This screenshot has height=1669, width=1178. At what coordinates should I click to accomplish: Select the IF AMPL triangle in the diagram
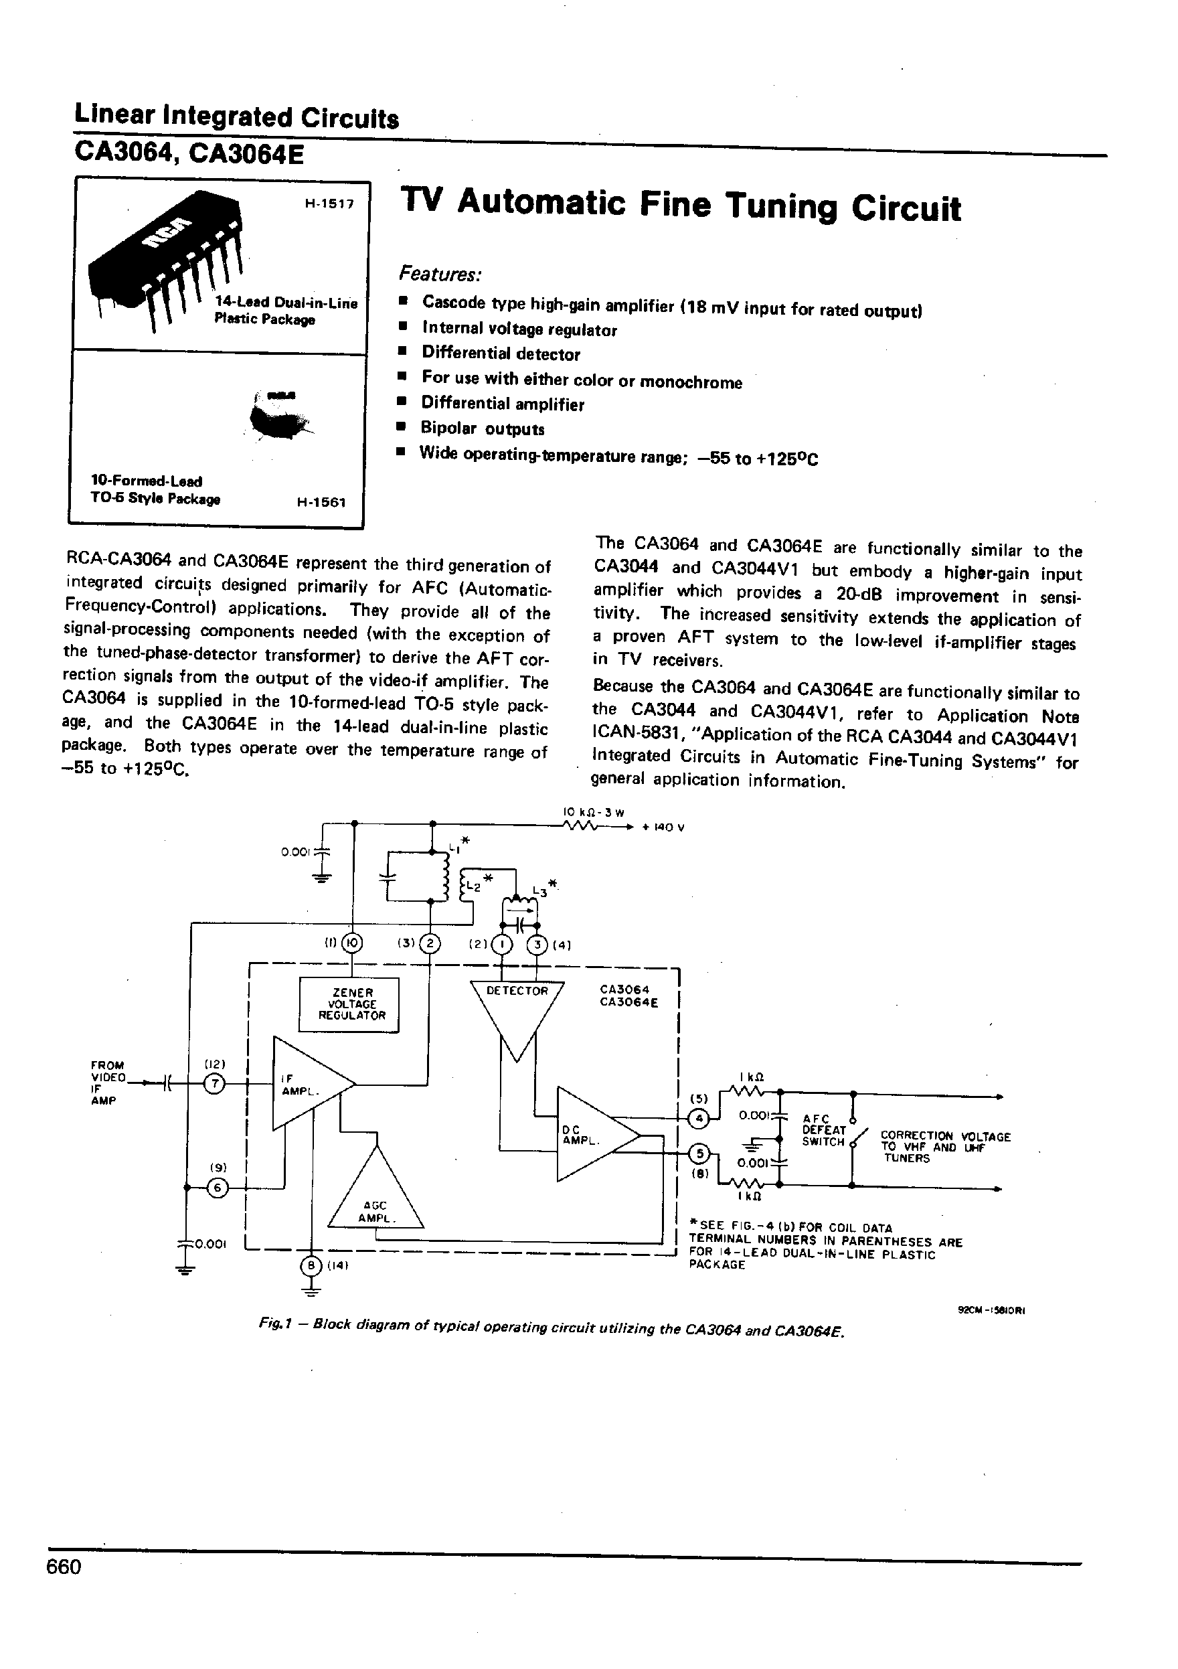click(x=305, y=1084)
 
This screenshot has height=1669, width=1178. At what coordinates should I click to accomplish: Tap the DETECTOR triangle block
click(x=516, y=1010)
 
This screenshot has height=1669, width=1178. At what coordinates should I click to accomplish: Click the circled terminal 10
click(x=353, y=943)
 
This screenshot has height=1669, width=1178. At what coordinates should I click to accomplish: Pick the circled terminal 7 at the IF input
click(x=214, y=1084)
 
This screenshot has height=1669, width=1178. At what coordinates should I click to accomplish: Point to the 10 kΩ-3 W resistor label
click(x=594, y=812)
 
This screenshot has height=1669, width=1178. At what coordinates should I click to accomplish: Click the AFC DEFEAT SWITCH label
click(x=823, y=1129)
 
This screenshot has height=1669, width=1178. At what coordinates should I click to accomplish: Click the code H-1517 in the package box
click(x=329, y=204)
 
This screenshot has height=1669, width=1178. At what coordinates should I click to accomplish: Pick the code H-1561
click(x=321, y=502)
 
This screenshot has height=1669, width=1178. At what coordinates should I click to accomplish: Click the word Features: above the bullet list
click(x=440, y=274)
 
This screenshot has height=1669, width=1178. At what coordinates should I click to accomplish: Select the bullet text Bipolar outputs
click(x=483, y=428)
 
